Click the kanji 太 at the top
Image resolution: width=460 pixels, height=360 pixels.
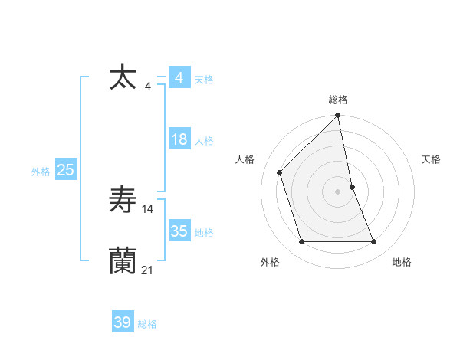pyautogui.click(x=123, y=78)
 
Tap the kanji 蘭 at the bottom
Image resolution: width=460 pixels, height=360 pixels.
pyautogui.click(x=123, y=261)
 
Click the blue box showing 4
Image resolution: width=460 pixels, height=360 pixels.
pyautogui.click(x=179, y=78)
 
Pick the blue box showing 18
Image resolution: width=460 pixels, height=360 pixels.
pyautogui.click(x=179, y=139)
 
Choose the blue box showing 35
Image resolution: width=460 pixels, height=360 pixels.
pyautogui.click(x=179, y=231)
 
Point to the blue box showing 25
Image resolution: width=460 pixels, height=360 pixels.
pyautogui.click(x=65, y=170)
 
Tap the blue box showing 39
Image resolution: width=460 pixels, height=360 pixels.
pyautogui.click(x=123, y=322)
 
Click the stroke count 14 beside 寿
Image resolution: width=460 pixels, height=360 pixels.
pyautogui.click(x=148, y=208)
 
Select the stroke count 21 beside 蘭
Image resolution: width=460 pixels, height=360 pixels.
pyautogui.click(x=148, y=270)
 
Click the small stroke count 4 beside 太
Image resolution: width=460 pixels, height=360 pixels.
pyautogui.click(x=148, y=87)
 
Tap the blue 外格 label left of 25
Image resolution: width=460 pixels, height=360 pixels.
pyautogui.click(x=41, y=172)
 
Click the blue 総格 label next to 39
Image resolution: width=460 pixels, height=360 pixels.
pyautogui.click(x=147, y=324)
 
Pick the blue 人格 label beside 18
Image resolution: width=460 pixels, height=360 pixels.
pyautogui.click(x=204, y=141)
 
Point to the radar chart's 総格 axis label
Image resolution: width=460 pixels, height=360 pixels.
pyautogui.click(x=338, y=100)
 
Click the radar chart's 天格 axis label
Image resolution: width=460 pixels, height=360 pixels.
pyautogui.click(x=431, y=159)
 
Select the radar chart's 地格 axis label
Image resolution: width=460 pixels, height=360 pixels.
pyautogui.click(x=402, y=262)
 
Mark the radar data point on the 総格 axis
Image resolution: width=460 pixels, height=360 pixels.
pyautogui.click(x=338, y=116)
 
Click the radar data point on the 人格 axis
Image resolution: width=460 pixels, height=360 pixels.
pyautogui.click(x=280, y=172)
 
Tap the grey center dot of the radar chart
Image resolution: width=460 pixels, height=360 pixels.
pyautogui.click(x=338, y=191)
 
